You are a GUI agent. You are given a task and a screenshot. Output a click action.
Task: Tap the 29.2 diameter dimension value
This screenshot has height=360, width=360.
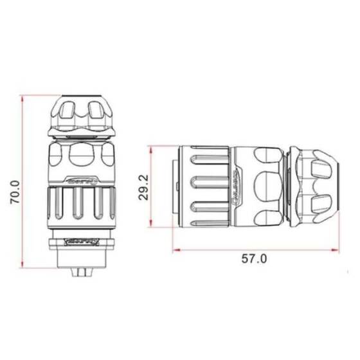(145, 186)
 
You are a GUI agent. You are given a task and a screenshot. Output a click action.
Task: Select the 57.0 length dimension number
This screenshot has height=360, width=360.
(254, 259)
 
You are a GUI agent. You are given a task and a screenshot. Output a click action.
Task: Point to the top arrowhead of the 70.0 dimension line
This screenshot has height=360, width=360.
(23, 98)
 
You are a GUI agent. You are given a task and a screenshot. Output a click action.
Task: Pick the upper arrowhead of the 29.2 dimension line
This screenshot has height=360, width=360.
(150, 147)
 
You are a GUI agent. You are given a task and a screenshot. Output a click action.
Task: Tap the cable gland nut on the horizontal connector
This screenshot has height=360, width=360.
(314, 186)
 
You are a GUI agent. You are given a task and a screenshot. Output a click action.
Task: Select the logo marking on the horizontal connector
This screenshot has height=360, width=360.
(237, 186)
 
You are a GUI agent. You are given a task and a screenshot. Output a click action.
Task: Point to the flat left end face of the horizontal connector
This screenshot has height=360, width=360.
(173, 186)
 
